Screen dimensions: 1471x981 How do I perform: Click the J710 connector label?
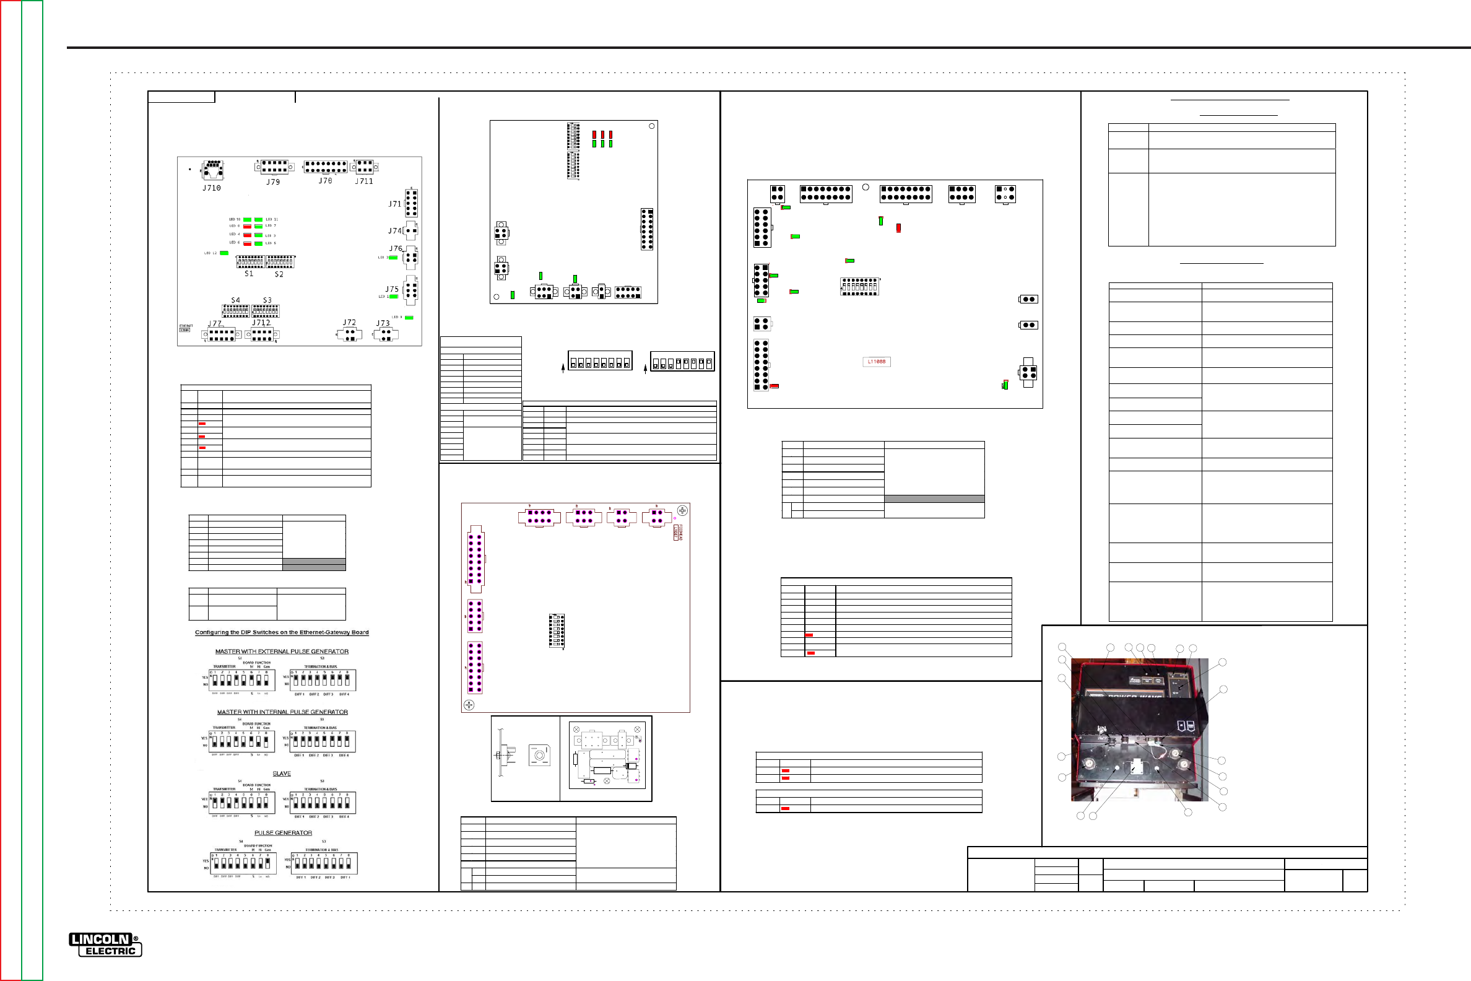[x=211, y=188]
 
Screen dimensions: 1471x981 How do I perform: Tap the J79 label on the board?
[x=272, y=182]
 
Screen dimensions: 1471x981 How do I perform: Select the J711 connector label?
[x=364, y=181]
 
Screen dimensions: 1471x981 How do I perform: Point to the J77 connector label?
[x=214, y=324]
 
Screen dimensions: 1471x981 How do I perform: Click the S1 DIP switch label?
[x=249, y=273]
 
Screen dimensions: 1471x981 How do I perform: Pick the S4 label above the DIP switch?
[x=235, y=300]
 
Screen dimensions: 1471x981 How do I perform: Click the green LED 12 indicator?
[x=224, y=253]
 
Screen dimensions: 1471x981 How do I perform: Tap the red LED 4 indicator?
[x=247, y=235]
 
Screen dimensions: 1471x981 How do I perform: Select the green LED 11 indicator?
[x=258, y=220]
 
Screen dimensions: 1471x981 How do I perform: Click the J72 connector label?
[x=349, y=323]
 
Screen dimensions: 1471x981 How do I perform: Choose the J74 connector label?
[x=394, y=231]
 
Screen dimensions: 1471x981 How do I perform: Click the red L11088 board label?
[x=876, y=362]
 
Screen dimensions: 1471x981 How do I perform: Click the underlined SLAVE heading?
[x=282, y=774]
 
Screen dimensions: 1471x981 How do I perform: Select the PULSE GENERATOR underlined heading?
[x=283, y=833]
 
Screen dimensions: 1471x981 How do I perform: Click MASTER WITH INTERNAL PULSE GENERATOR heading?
[x=282, y=712]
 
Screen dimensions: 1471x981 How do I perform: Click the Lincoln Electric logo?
[x=105, y=944]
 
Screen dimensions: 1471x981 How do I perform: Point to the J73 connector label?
[x=382, y=323]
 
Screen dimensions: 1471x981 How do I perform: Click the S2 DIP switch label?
[x=279, y=274]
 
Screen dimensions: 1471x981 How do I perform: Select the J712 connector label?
[x=261, y=323]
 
